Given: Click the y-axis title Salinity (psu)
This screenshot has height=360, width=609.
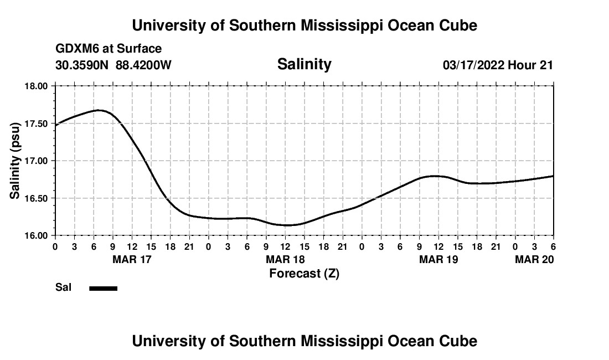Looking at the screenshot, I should (x=15, y=161).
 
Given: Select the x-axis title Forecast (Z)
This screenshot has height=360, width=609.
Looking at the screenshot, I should (x=304, y=273).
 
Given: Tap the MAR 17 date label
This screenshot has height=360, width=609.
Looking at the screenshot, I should (x=132, y=259).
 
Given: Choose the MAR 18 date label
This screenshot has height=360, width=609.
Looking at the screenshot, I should (x=285, y=259).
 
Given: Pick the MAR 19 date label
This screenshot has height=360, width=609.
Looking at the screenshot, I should (x=438, y=259).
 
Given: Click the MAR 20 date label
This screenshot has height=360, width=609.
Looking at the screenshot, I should (x=534, y=259).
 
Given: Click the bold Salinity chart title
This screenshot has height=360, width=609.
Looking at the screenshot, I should (x=304, y=64).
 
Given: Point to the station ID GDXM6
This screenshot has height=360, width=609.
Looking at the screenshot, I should (x=75, y=49).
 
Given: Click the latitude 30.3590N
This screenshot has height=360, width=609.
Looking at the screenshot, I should (x=82, y=65).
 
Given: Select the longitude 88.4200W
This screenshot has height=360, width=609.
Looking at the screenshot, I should (x=144, y=65).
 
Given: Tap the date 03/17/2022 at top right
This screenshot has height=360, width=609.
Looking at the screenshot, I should (x=473, y=65).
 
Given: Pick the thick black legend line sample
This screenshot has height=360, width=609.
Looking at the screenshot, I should (x=104, y=288).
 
